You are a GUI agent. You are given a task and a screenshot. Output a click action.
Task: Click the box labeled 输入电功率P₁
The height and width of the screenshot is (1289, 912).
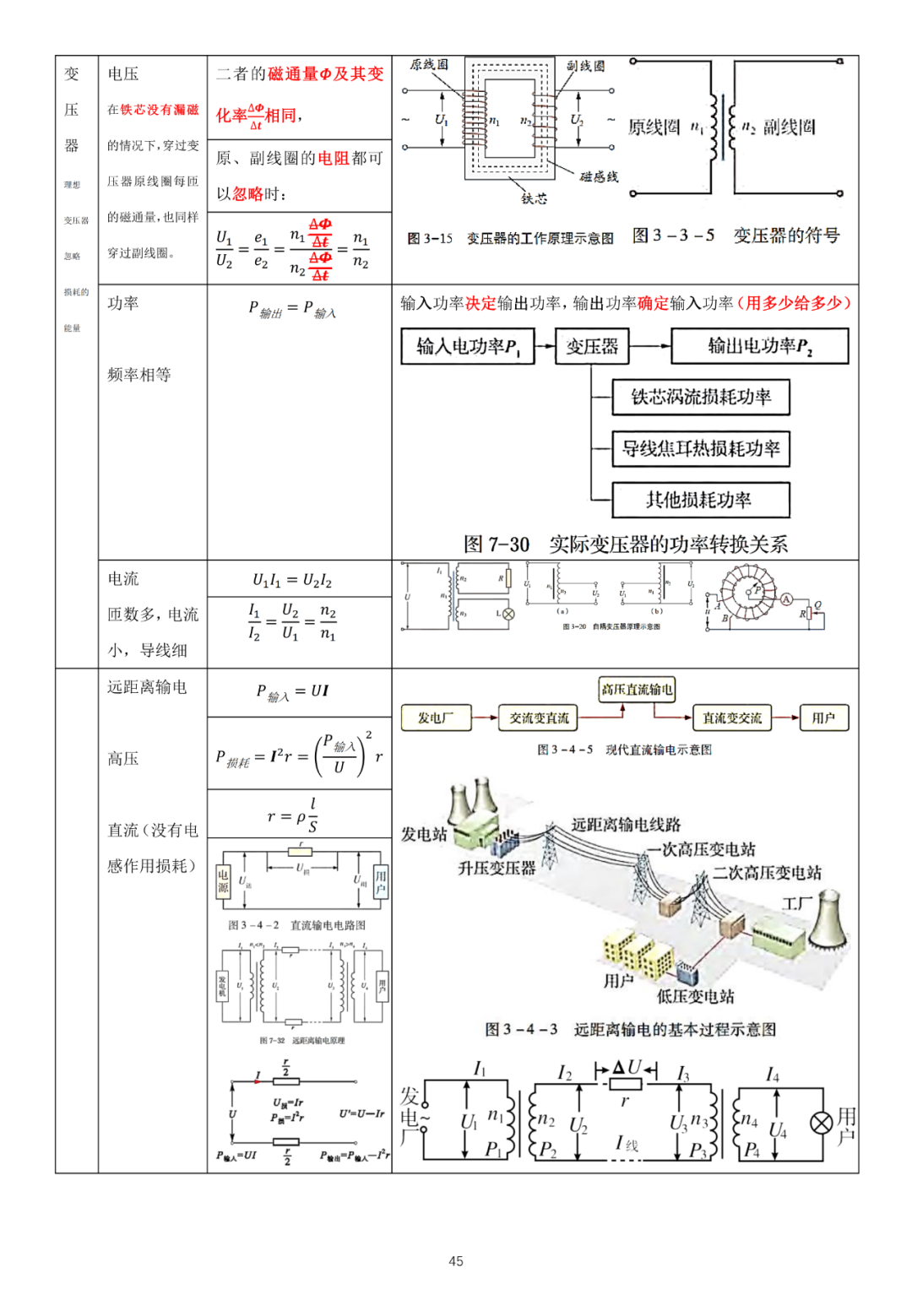(x=468, y=346)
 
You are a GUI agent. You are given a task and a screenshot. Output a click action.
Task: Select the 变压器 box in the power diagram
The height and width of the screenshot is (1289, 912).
(x=592, y=346)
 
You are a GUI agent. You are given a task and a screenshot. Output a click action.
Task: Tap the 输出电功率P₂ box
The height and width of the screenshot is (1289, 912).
(x=759, y=346)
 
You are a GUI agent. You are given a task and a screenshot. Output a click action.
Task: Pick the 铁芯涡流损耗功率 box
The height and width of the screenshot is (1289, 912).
(x=701, y=398)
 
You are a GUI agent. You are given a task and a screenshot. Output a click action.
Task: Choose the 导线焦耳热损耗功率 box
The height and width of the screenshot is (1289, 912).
(x=701, y=449)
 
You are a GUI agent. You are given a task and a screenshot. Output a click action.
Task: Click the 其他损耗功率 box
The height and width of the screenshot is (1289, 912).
(x=701, y=500)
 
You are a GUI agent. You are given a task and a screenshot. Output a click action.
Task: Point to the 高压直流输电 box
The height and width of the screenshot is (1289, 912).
(x=637, y=690)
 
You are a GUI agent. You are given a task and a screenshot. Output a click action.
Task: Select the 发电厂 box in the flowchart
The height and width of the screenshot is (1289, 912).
(x=435, y=718)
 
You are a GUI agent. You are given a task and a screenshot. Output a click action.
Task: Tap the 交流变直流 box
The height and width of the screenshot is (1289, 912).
(x=539, y=718)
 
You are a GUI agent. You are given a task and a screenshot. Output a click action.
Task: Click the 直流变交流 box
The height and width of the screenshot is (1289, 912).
(x=732, y=718)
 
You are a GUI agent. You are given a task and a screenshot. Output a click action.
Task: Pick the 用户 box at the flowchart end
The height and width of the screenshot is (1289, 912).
(x=823, y=718)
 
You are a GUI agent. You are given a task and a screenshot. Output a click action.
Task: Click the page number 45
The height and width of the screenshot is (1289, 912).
(x=456, y=1261)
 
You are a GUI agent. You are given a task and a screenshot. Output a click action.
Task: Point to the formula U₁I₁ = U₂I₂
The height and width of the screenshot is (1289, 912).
(x=292, y=580)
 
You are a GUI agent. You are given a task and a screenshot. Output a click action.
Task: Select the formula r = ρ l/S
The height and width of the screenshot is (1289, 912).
(x=292, y=815)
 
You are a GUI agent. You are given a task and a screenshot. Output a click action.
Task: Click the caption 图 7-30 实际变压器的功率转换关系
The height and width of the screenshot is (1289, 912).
(x=625, y=544)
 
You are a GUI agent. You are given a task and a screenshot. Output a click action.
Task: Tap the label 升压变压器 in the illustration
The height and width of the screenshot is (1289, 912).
(x=497, y=868)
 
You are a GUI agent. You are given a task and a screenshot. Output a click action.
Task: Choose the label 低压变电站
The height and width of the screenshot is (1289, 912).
(x=695, y=997)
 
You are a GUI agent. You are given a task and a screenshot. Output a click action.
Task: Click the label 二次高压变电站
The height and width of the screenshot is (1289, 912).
(x=767, y=873)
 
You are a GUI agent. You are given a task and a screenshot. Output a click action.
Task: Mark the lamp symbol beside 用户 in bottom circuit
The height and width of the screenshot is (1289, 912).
(x=821, y=1123)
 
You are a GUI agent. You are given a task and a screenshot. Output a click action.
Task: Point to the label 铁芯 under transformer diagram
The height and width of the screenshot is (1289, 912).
(x=534, y=198)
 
